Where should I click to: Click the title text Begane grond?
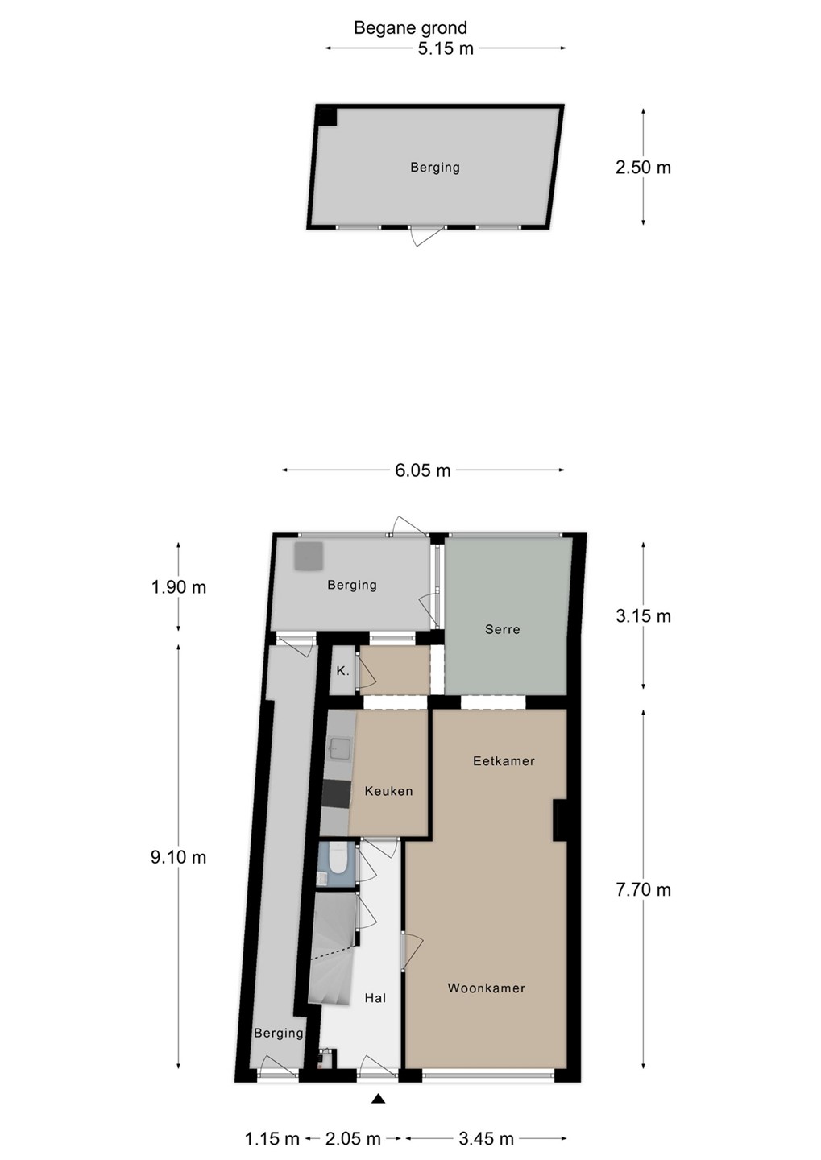410,27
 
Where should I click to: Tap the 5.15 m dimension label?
446,48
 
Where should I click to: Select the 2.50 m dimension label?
643,168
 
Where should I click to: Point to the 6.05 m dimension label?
423,470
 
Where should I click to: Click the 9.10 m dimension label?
178,857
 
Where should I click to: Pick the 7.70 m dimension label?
643,889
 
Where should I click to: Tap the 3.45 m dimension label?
486,1138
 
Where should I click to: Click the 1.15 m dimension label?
272,1138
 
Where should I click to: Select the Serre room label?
502,629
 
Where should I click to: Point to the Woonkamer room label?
487,988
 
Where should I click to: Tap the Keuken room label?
388,791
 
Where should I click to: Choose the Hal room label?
375,998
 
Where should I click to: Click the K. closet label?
342,671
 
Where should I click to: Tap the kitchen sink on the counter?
340,748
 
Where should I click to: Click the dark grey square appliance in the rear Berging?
309,556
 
